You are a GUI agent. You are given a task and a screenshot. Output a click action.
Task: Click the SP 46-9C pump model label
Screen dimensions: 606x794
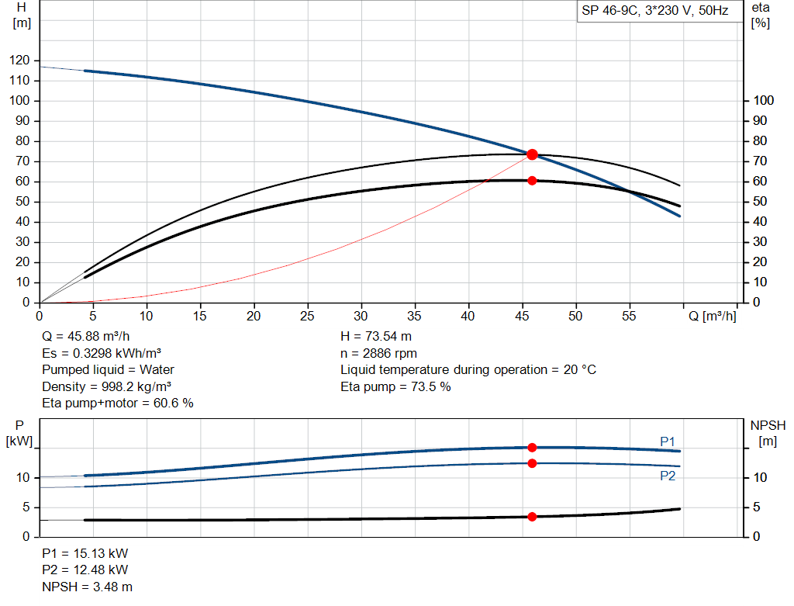[656, 12]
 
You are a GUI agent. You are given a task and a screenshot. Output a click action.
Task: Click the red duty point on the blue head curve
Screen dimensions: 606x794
[532, 154]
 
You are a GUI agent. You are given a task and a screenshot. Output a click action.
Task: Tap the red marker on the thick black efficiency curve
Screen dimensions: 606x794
[532, 181]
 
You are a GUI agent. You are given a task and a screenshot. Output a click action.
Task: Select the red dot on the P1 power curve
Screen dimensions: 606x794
[532, 448]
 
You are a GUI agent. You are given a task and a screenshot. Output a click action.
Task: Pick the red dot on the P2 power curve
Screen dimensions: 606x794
[532, 463]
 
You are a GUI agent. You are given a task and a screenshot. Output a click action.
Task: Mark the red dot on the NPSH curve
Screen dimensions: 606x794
[532, 517]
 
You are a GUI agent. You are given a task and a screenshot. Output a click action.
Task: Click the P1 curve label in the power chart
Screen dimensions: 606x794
[667, 442]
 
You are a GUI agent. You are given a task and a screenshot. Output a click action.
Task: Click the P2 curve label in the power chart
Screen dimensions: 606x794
[667, 476]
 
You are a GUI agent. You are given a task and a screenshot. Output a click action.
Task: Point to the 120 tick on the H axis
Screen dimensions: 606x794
[21, 61]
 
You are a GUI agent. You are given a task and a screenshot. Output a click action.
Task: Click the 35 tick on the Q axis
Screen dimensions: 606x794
[415, 317]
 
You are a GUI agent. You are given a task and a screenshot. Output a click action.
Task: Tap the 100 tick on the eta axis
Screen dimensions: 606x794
[763, 101]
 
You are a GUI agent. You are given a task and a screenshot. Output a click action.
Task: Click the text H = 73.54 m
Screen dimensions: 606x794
[375, 338]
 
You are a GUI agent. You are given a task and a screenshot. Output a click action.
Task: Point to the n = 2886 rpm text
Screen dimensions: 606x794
[378, 354]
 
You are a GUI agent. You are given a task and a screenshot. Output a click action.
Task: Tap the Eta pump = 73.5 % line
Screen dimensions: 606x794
[395, 386]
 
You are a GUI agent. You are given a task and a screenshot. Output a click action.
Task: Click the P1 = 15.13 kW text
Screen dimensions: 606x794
[85, 554]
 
